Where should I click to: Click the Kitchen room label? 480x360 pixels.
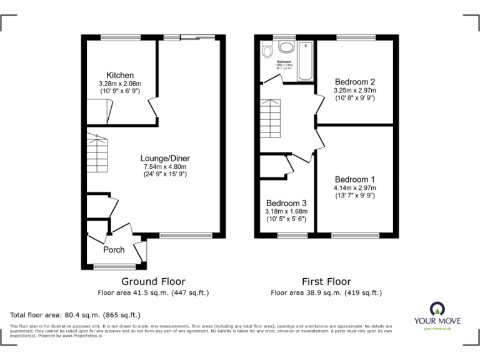pos(120,76)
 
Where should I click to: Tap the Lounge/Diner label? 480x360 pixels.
pos(165,158)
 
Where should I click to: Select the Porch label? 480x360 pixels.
pos(114,249)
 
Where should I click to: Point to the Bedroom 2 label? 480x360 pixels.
pos(354,82)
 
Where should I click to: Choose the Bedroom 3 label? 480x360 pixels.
pos(286,203)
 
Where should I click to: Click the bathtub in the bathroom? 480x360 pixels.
pos(305,61)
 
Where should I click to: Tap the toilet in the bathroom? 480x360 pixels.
pos(267,50)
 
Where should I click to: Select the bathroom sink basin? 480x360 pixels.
pos(286,47)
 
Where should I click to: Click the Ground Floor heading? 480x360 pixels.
pos(153,281)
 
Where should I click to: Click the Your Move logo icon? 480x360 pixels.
pos(436,308)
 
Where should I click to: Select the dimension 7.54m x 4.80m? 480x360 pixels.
pos(165,166)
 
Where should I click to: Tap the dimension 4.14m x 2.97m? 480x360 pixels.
pos(354,187)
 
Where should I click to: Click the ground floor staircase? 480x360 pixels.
pos(97,153)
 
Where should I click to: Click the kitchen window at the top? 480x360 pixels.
pos(121,37)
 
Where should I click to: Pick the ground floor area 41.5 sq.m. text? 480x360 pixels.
pos(153,292)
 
